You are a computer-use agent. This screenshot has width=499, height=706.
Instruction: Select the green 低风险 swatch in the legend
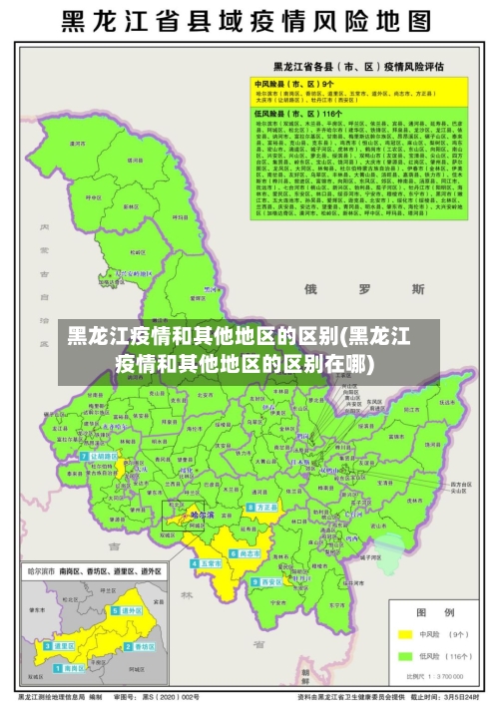pyautogui.click(x=405, y=656)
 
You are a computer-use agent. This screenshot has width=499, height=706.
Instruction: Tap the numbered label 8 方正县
pyautogui.click(x=263, y=508)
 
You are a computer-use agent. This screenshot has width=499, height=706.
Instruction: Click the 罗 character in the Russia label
pyautogui.click(x=363, y=289)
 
